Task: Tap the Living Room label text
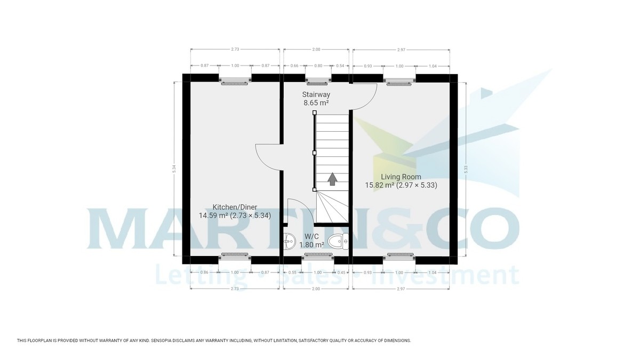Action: click(401, 177)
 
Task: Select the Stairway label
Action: click(316, 94)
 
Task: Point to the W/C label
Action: click(312, 236)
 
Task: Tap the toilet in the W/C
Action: click(338, 242)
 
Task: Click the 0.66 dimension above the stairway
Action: click(294, 66)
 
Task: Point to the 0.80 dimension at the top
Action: click(318, 66)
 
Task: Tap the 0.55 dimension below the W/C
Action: click(292, 273)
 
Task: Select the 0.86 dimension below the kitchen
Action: click(204, 273)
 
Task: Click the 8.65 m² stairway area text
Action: click(316, 103)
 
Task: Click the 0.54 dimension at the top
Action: click(340, 66)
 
